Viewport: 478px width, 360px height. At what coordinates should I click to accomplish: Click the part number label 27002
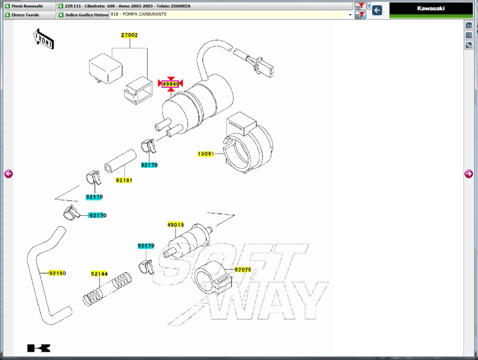click(129, 35)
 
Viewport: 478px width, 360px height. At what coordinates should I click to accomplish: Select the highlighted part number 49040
click(171, 84)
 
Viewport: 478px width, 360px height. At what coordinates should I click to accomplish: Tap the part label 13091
click(206, 154)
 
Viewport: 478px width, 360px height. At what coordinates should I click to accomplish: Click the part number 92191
click(124, 181)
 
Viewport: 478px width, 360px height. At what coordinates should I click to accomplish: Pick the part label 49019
click(176, 225)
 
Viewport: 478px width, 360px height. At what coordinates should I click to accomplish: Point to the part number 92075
click(243, 270)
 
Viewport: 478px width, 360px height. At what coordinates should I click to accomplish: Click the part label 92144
click(99, 274)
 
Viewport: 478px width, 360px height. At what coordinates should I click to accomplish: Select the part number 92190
click(57, 273)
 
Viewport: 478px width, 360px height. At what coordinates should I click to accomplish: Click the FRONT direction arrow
click(43, 39)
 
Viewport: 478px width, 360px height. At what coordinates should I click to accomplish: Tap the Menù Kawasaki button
click(29, 6)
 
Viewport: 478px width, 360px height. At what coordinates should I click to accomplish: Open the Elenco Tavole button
click(29, 14)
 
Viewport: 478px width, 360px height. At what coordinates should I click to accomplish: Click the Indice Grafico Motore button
click(83, 14)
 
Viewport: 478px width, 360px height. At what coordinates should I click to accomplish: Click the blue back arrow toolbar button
click(377, 10)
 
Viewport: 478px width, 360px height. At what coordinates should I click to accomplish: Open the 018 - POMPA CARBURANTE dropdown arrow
click(350, 14)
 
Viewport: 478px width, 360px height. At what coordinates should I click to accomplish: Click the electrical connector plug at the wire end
click(263, 66)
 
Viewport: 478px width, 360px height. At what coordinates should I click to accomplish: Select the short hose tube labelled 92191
click(120, 161)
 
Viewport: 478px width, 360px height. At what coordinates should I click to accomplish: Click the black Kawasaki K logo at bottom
click(39, 348)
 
